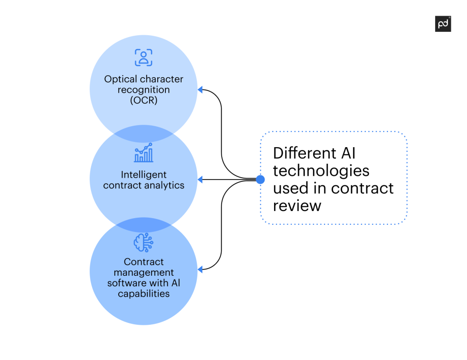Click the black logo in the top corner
[443, 24]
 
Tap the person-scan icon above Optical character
[143, 58]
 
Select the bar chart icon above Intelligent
[143, 153]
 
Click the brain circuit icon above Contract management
[143, 242]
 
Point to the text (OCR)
[143, 100]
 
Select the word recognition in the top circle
[143, 90]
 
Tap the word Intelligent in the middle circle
[143, 175]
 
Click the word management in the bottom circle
[143, 272]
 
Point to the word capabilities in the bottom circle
[143, 293]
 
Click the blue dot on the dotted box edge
[260, 180]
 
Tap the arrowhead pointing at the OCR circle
[201, 89]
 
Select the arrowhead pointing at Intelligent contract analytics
[201, 180]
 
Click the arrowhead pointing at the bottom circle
[201, 269]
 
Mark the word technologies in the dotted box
[321, 170]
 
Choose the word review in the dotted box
[297, 205]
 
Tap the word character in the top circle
[162, 79]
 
